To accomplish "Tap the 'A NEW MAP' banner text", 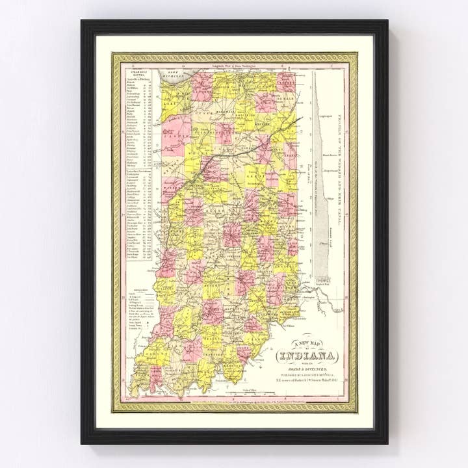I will (x=308, y=344).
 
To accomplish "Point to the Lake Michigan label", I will (x=172, y=70).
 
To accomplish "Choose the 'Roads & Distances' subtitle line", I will (x=308, y=367).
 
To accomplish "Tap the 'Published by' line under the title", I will (x=308, y=374).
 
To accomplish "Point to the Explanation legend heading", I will (x=136, y=292).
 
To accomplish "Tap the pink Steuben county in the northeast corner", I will (x=287, y=81).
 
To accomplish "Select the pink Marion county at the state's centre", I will (x=231, y=234).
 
